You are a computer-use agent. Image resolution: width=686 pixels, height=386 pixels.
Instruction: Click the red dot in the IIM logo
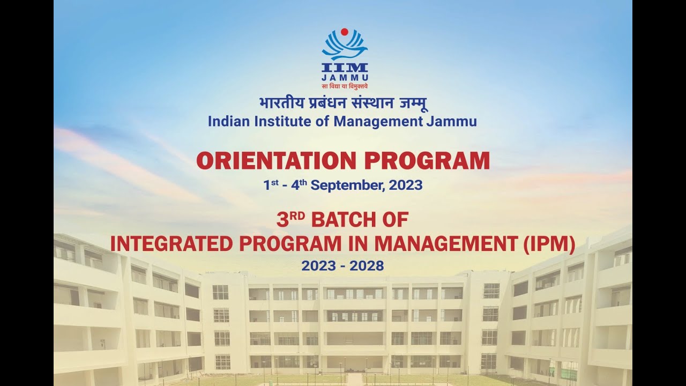pos(345,32)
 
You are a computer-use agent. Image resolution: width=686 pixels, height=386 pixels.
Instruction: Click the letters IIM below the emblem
pos(345,68)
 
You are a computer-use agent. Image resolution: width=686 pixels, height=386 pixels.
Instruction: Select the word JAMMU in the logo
pos(345,78)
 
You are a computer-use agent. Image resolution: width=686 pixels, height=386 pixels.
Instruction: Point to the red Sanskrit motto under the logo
pos(345,86)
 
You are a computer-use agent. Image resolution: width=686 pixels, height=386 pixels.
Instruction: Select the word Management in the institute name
pos(378,121)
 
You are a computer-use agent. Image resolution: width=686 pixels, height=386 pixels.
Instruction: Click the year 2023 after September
pos(406,185)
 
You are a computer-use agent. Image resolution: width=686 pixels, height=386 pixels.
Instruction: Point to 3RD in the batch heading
pos(290,220)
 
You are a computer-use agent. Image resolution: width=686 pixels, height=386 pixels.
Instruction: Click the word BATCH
pos(341,220)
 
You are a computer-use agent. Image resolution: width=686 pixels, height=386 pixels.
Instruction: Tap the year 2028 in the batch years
pos(367,265)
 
